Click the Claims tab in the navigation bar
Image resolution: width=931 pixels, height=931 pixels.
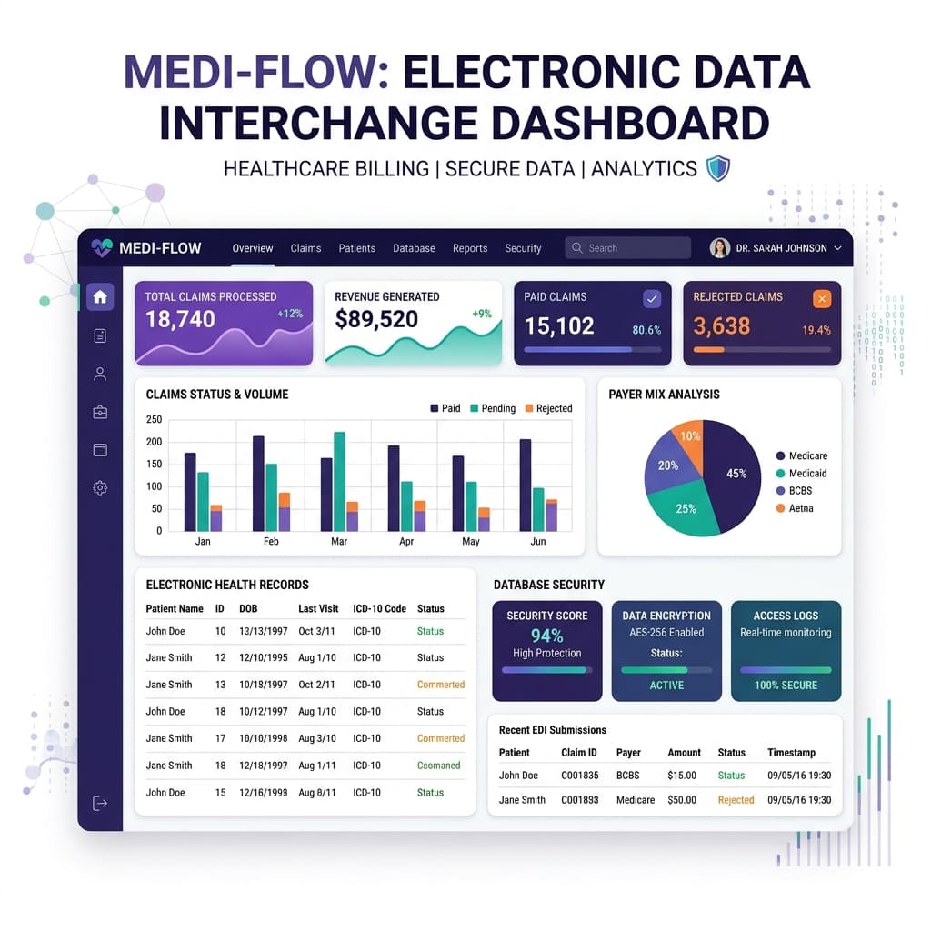point(305,248)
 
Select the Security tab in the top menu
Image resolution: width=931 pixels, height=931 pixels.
point(523,248)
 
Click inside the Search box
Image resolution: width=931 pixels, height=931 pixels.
point(627,247)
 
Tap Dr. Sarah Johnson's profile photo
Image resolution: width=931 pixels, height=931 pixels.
point(720,247)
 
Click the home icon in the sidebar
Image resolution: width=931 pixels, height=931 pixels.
point(100,297)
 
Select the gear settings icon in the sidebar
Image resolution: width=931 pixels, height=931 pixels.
point(100,488)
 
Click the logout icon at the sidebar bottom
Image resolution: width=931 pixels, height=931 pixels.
point(100,804)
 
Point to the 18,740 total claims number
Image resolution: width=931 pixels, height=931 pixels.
point(181,319)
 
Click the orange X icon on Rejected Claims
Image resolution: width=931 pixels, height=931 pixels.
point(822,298)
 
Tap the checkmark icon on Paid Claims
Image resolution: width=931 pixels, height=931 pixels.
point(652,298)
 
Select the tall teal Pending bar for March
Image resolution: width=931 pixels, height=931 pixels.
point(340,482)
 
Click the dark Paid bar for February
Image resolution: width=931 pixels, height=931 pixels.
point(258,484)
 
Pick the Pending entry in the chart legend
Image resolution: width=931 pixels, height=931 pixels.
point(493,408)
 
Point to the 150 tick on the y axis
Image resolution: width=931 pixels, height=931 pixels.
point(154,465)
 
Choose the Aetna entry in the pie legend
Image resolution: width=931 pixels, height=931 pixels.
point(795,508)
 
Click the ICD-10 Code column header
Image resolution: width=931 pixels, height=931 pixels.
point(379,608)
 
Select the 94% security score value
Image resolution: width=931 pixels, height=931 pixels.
point(546,636)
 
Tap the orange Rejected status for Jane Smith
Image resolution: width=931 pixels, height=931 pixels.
point(736,800)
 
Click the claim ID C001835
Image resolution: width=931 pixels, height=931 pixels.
point(579,776)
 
